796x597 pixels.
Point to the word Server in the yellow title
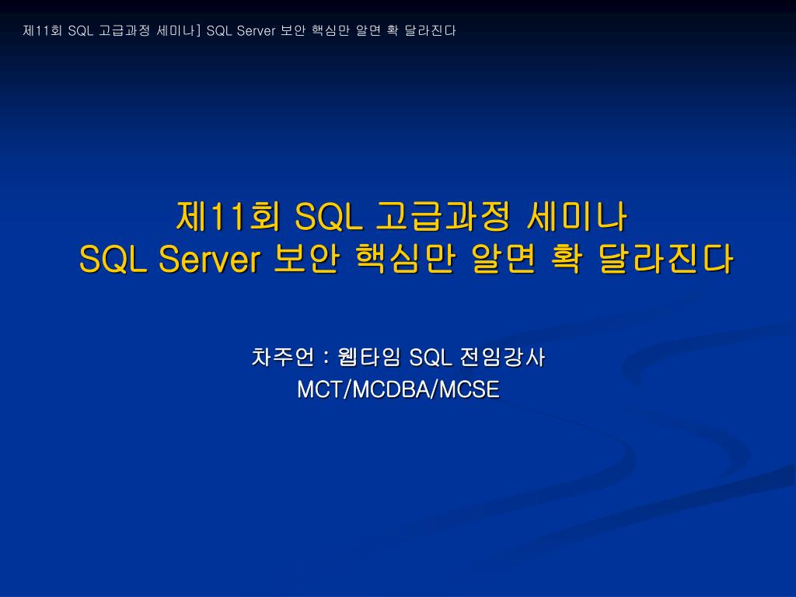[x=208, y=259]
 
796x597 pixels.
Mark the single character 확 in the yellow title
[x=565, y=259]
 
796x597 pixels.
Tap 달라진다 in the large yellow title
[x=665, y=259]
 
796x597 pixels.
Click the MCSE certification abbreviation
[x=469, y=389]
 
